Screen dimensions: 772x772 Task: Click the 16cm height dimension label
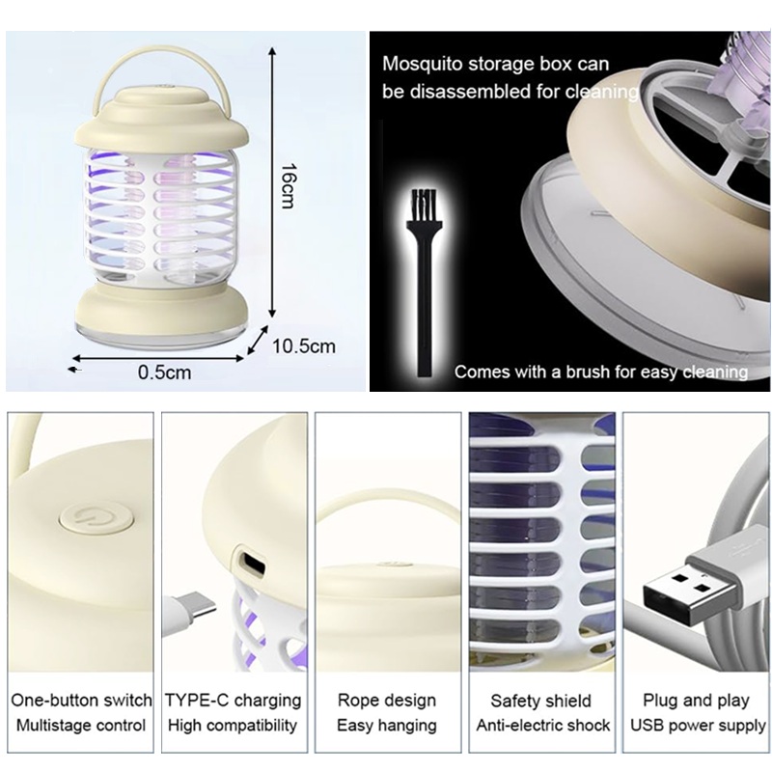coord(289,186)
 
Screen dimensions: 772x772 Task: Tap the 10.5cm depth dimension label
coord(304,346)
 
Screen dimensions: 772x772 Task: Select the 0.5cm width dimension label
coord(164,372)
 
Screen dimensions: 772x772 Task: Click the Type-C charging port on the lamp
coord(251,562)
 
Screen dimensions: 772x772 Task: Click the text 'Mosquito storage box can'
coord(496,64)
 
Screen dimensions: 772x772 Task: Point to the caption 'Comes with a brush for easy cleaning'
coord(601,372)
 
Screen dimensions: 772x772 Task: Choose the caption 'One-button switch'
coord(81,701)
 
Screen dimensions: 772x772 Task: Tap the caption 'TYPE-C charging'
coord(233,701)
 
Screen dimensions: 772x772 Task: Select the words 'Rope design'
coord(387,701)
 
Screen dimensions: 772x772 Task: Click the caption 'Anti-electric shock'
coord(543,726)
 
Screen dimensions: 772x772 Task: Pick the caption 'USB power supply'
coord(698,726)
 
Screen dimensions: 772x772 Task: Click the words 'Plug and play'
coord(696,701)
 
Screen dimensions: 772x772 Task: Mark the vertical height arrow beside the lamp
coord(272,182)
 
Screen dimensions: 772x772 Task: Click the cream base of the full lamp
coord(161,311)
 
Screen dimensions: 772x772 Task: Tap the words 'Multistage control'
coord(81,726)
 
